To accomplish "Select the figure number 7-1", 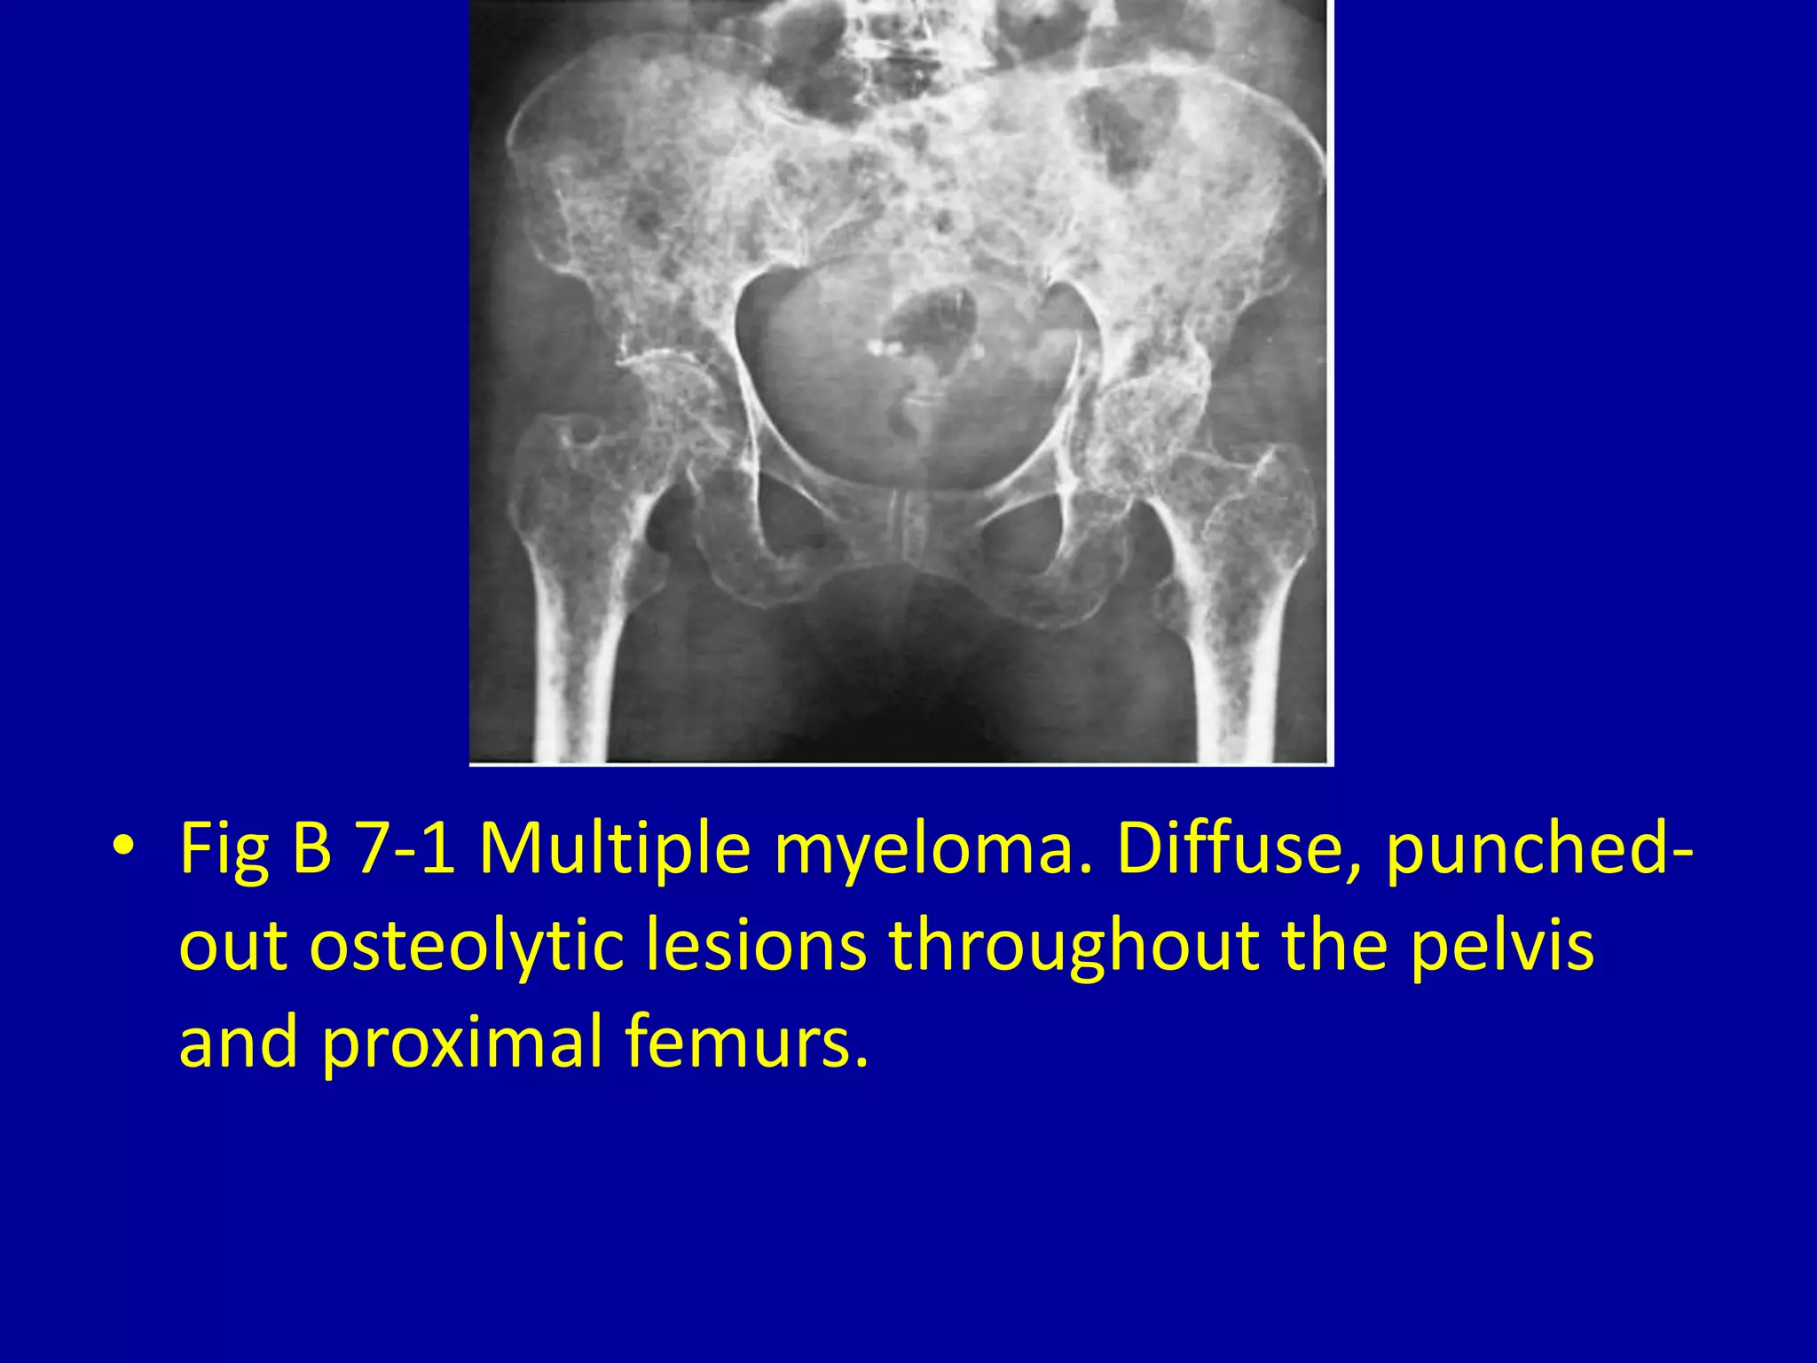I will pos(405,848).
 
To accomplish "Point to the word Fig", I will pos(224,848).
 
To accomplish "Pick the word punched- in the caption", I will pos(1539,848).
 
